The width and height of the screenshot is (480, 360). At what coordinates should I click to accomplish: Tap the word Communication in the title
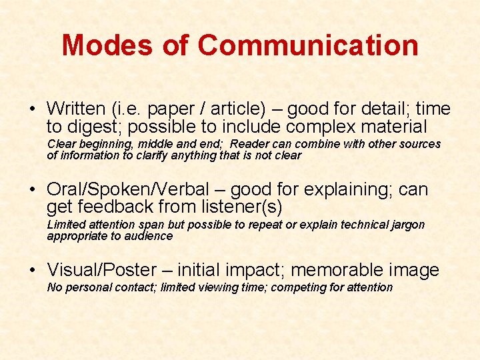[x=308, y=45]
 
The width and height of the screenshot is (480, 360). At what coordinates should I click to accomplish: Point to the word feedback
[x=115, y=207]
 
